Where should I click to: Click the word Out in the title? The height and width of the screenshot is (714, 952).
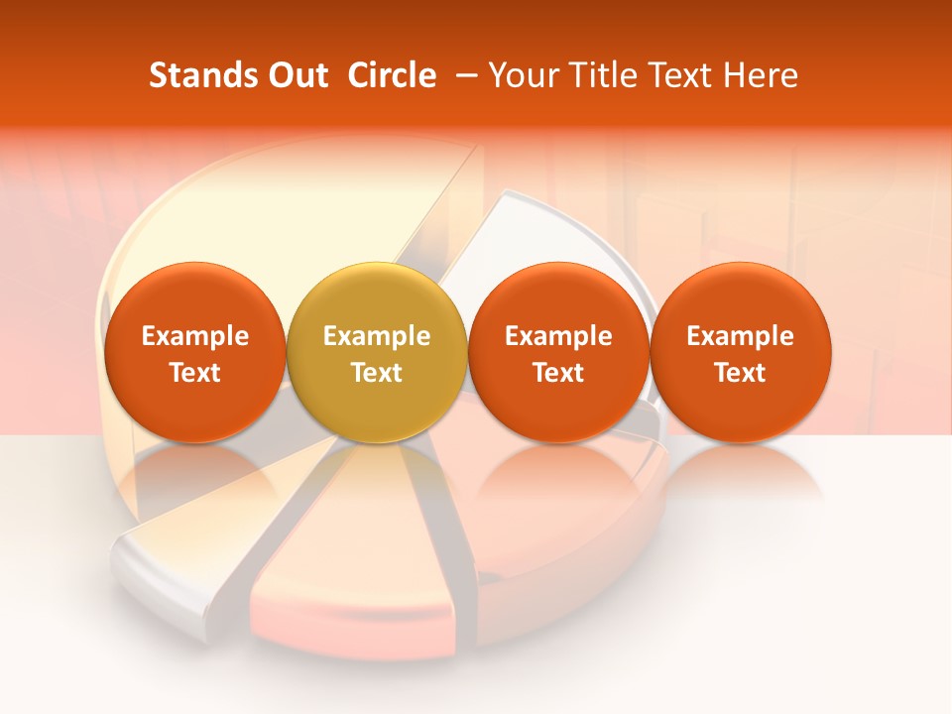click(x=295, y=75)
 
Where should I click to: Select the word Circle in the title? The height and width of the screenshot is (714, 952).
click(x=392, y=75)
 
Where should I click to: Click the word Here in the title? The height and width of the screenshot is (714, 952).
click(x=761, y=75)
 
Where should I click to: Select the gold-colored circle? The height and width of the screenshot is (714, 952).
click(x=377, y=352)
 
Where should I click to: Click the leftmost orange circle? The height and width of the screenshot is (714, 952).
click(x=194, y=352)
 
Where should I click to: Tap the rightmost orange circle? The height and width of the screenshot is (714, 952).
click(x=741, y=352)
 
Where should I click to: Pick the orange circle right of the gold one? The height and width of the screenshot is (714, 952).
click(x=558, y=352)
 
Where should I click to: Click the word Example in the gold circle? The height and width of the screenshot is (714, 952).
click(x=377, y=336)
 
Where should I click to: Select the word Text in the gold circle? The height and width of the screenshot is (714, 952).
click(x=377, y=373)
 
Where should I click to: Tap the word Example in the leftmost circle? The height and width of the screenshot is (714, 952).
click(x=194, y=336)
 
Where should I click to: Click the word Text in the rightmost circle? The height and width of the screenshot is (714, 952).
click(x=741, y=373)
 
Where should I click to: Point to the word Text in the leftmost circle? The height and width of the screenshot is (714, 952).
click(x=194, y=373)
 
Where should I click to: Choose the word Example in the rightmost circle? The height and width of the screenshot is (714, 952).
click(x=741, y=336)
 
